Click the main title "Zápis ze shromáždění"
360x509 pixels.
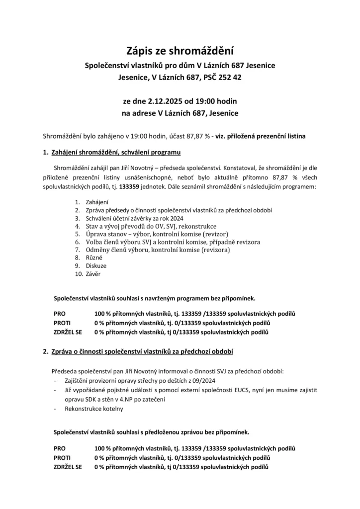point(180,51)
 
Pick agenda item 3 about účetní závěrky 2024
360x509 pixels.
point(135,218)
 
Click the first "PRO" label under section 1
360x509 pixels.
point(59,314)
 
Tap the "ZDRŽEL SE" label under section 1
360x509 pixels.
point(68,332)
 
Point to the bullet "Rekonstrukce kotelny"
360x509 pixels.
point(93,409)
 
